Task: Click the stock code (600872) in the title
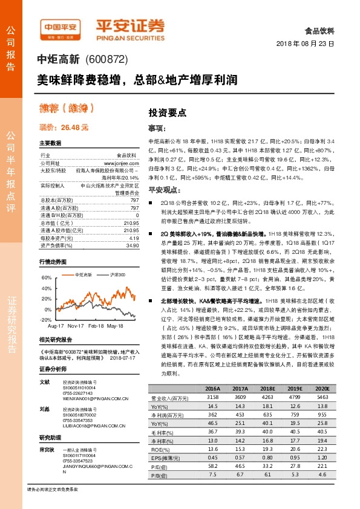[106, 60]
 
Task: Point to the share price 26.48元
[64, 128]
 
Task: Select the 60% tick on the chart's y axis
[45, 277]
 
